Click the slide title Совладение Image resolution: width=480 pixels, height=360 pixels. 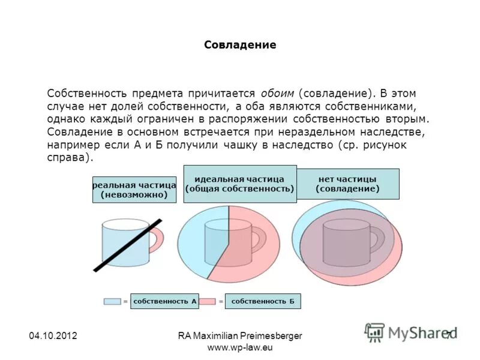[x=240, y=45]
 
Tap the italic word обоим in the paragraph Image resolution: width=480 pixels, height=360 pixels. [x=277, y=94]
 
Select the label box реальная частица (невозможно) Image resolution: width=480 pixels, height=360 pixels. [x=134, y=190]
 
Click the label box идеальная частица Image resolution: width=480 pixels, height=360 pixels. [x=239, y=184]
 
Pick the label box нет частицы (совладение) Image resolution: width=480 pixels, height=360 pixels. [x=347, y=184]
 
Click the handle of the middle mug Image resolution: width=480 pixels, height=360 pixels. [x=260, y=239]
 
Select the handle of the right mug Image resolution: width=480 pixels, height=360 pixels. [x=378, y=239]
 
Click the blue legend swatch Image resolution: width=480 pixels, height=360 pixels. [x=112, y=301]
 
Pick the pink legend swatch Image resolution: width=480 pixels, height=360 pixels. [x=208, y=301]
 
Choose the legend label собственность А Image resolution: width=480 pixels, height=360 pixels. [x=165, y=301]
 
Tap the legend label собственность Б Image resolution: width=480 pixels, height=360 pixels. [x=263, y=301]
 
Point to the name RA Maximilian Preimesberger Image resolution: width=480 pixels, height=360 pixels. [x=240, y=337]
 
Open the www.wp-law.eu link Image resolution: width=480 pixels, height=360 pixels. [x=240, y=348]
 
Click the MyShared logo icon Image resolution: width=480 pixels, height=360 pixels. [x=375, y=332]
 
